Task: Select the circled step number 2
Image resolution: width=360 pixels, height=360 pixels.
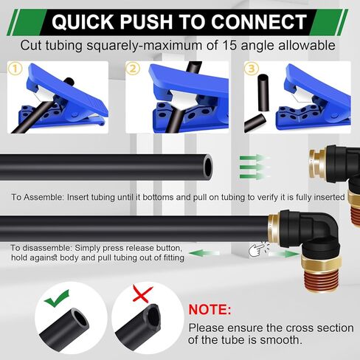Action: click(x=133, y=69)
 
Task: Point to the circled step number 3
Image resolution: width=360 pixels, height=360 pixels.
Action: click(x=252, y=69)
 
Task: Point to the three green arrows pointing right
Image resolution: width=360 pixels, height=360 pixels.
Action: click(x=253, y=165)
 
